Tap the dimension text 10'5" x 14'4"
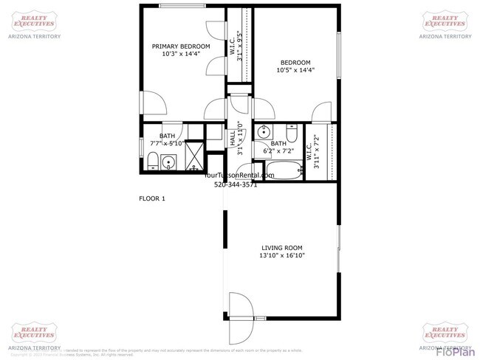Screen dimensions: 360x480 pos(295,71)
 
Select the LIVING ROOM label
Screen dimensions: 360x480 pos(281,247)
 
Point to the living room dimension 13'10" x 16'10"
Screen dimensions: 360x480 pos(281,256)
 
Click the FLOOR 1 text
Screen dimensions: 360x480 pos(152,198)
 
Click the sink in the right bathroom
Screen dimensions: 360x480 pos(263,133)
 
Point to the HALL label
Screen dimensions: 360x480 pos(232,137)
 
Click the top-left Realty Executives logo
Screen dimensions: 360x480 pos(34,23)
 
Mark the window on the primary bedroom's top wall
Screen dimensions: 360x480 pos(182,6)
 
